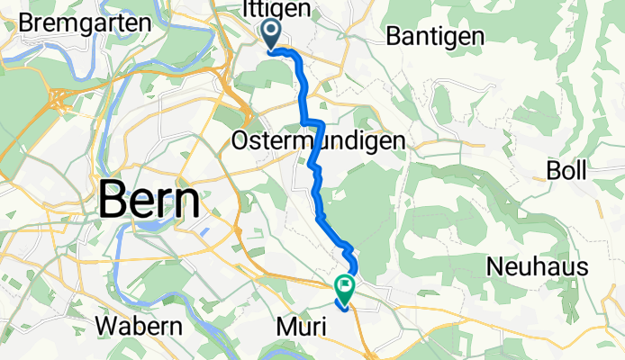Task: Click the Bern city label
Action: tap(149, 200)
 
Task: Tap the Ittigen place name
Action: tap(276, 9)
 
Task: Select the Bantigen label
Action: tap(435, 36)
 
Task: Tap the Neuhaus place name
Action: tap(538, 266)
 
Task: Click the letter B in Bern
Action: tap(113, 200)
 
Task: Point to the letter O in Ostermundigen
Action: tap(241, 141)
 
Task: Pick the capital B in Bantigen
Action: tap(393, 36)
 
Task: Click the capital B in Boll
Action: tap(552, 170)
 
